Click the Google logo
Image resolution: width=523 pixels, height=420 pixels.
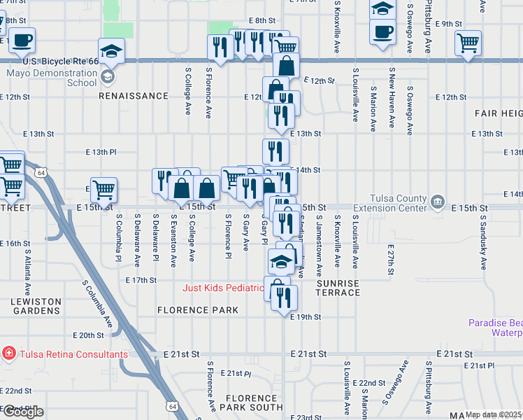22,412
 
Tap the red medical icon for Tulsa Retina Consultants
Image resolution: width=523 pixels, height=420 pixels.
8,353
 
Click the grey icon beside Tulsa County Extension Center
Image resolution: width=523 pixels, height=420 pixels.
438,202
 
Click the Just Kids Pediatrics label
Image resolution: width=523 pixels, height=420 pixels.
224,288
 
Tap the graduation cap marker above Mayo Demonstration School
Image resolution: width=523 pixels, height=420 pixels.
111,51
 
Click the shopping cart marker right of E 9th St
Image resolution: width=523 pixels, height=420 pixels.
468,43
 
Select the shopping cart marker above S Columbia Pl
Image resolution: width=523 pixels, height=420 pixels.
103,189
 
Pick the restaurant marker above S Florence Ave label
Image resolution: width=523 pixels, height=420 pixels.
220,48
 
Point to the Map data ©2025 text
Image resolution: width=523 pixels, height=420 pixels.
494,414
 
